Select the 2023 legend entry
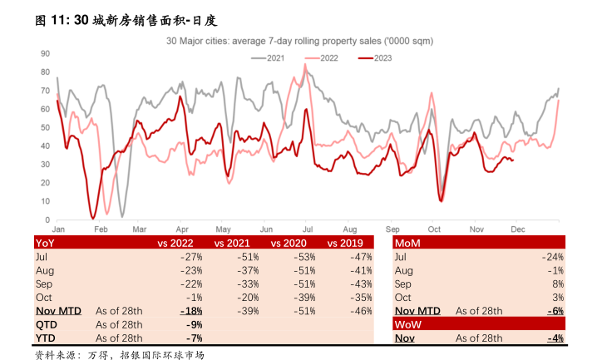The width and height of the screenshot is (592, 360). [x=382, y=57]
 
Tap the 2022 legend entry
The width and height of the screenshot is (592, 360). [x=328, y=57]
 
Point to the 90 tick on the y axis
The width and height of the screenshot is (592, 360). [x=46, y=52]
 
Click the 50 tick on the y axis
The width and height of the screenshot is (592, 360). [x=46, y=127]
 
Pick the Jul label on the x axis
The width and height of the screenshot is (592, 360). [x=308, y=228]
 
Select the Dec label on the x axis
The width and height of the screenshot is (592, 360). [x=517, y=228]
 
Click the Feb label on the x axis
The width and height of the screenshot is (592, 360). [x=100, y=228]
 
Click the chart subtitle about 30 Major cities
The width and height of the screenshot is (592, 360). [x=298, y=40]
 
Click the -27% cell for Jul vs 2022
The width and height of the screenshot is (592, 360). [x=192, y=257]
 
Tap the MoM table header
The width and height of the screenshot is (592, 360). [x=407, y=243]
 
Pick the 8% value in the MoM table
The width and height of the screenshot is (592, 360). [x=559, y=284]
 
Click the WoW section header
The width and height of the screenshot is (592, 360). [x=408, y=324]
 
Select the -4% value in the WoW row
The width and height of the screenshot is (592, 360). [x=555, y=338]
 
